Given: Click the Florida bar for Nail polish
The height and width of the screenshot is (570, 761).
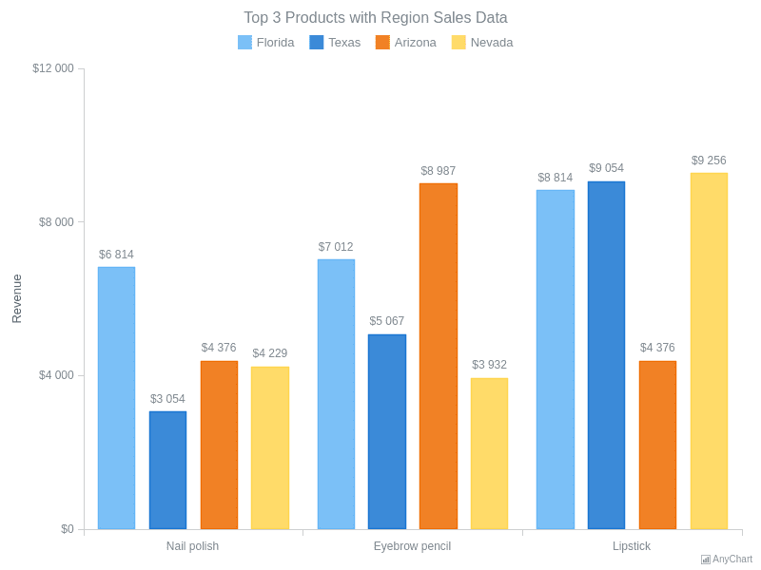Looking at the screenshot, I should coord(116,398).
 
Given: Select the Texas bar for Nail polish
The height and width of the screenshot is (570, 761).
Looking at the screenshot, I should coord(167,470).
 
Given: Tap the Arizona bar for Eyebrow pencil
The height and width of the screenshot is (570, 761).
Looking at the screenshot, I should coord(439,356).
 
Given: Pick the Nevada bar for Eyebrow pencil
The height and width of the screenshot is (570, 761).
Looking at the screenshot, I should coord(489,454).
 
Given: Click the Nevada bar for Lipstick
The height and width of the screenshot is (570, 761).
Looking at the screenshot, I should coord(709,351).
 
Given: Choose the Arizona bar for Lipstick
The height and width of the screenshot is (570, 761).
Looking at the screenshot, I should coord(657,445).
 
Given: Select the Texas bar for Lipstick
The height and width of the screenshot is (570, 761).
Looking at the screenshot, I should coord(606,355).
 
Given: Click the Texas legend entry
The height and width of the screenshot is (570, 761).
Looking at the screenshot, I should coord(335,42).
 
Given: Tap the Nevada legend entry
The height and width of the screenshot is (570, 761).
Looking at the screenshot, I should coord(482,42).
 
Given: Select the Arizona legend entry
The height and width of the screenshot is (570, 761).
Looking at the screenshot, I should coord(406,42).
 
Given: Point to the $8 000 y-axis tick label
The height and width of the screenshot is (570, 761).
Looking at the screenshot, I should coord(56,222).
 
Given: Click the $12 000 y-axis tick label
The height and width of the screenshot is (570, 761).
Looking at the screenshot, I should coord(53,68).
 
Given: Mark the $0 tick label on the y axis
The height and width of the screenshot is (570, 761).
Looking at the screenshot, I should coord(67,529).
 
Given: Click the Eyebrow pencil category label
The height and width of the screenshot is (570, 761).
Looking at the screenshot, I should coord(412,546).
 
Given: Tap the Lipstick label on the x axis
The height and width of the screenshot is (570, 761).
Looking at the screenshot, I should coord(632,546).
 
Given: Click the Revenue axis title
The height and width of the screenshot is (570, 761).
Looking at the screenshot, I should coord(16,298).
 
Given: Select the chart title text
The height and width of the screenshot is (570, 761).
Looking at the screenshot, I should coord(376,18).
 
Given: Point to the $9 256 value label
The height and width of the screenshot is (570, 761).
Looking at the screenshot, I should coord(709,161).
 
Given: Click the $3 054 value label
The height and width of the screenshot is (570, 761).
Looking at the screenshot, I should coord(167,399).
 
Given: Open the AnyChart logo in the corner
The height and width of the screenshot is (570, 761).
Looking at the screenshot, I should coord(727,560).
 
